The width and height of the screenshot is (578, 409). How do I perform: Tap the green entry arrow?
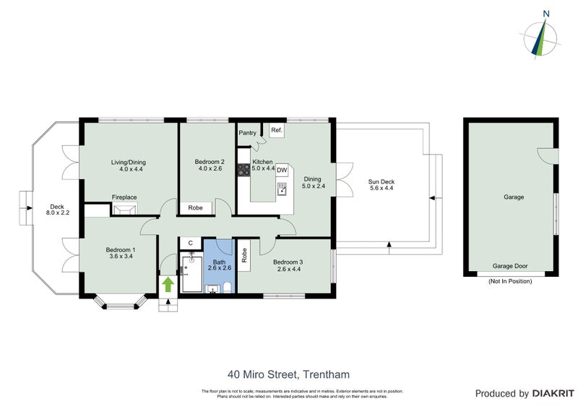click(167, 284)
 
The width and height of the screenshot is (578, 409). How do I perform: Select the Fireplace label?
click(124, 197)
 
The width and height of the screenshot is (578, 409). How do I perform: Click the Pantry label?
click(247, 133)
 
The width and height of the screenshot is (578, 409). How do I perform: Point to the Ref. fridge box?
click(276, 131)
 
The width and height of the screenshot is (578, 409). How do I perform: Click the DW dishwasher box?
click(282, 171)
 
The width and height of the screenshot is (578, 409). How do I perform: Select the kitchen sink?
click(280, 189)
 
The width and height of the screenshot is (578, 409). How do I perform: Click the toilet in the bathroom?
click(227, 288)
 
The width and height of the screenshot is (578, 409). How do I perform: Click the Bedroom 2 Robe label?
click(195, 208)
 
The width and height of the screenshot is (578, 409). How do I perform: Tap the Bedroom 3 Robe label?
click(244, 254)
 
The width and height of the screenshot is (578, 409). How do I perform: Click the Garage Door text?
click(510, 266)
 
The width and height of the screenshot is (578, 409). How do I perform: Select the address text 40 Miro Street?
click(288, 374)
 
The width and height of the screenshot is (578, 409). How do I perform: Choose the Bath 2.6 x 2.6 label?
click(218, 263)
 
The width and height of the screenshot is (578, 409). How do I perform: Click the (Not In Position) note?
click(510, 281)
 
